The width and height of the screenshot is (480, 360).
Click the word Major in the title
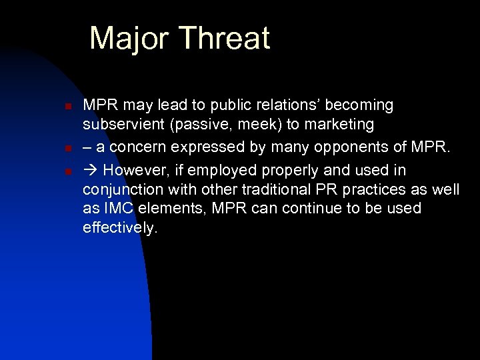pos(131,39)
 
